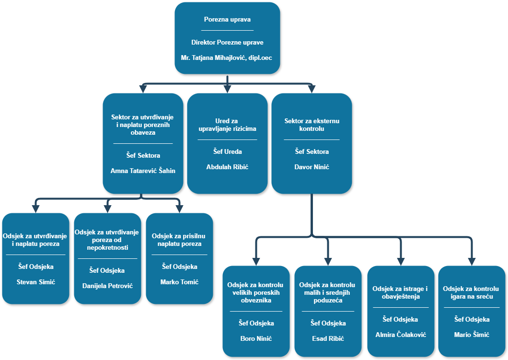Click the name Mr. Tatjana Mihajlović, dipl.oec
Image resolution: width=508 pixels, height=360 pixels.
pyautogui.click(x=227, y=58)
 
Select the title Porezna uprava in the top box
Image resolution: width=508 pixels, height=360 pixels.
pyautogui.click(x=227, y=20)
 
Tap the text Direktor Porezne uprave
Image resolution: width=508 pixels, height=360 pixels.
pyautogui.click(x=227, y=42)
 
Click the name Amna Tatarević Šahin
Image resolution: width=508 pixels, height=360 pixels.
pyautogui.click(x=143, y=171)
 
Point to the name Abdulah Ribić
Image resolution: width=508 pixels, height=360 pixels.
pyautogui.click(x=227, y=167)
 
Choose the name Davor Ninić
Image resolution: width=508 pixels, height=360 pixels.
pyautogui.click(x=312, y=167)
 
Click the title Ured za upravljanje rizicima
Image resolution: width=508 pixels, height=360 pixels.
pyautogui.click(x=227, y=125)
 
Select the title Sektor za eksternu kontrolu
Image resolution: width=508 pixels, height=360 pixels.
pyautogui.click(x=312, y=125)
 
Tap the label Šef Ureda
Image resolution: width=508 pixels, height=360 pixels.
pyautogui.click(x=227, y=151)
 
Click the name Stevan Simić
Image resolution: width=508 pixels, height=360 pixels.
pyautogui.click(x=35, y=282)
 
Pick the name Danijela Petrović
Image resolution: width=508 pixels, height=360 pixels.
pyautogui.click(x=107, y=286)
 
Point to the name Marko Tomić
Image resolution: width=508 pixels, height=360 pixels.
pyautogui.click(x=179, y=282)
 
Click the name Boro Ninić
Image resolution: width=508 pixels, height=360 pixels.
pyautogui.click(x=256, y=338)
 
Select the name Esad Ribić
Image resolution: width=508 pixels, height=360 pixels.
pyautogui.click(x=328, y=338)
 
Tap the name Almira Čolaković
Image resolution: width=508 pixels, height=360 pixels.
pyautogui.click(x=400, y=335)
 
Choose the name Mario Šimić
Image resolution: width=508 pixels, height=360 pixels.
pyautogui.click(x=472, y=335)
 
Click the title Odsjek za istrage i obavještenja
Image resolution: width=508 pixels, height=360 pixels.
pyautogui.click(x=400, y=292)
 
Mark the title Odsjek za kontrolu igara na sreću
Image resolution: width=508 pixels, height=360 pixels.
pyautogui.click(x=472, y=292)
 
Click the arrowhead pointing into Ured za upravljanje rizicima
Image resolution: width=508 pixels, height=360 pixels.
pyautogui.click(x=227, y=89)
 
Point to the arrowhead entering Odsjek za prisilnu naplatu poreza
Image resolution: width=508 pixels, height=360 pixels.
pyautogui.click(x=179, y=208)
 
